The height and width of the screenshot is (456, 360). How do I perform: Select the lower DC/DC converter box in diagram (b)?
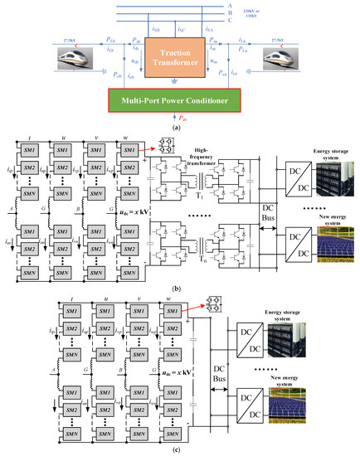[x=297, y=254]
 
